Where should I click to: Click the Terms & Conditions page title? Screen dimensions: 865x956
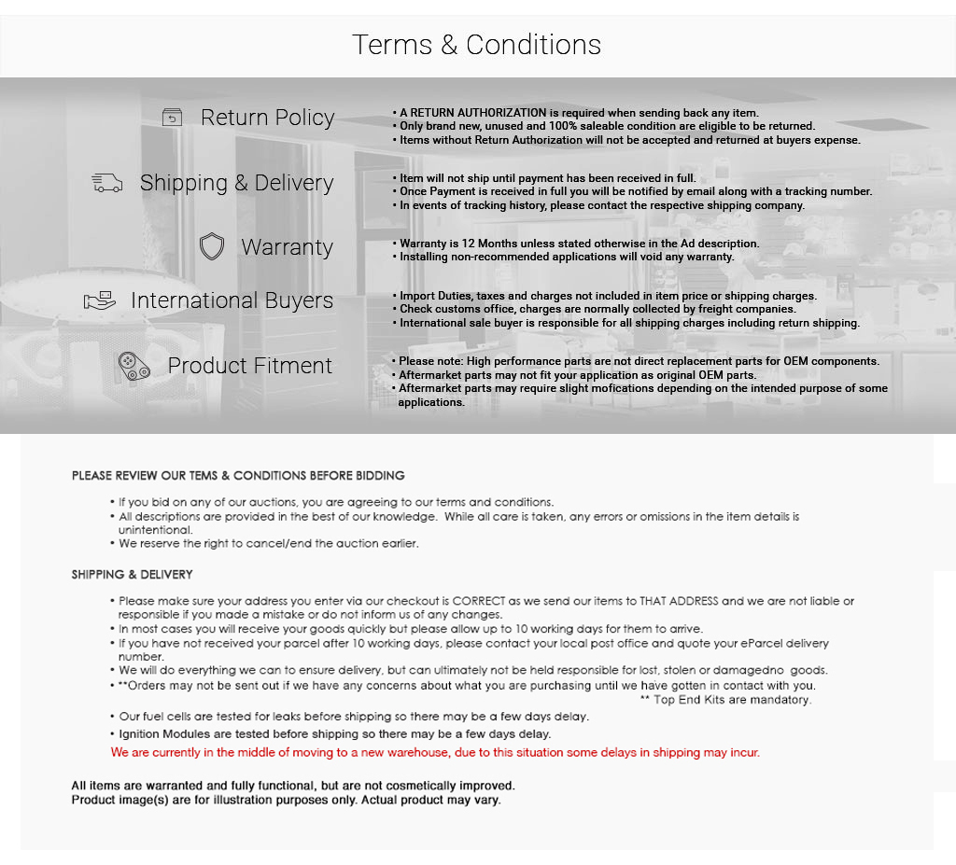click(x=476, y=45)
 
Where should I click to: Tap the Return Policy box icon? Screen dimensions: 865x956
click(x=172, y=118)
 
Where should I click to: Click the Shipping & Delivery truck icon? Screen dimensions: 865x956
click(x=107, y=183)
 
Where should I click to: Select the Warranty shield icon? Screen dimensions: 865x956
click(x=212, y=247)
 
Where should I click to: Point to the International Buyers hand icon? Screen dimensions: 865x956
click(x=100, y=300)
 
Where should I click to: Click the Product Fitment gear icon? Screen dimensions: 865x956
click(x=134, y=366)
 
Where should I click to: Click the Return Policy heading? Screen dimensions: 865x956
click(x=267, y=118)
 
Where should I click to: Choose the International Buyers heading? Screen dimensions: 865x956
click(x=232, y=300)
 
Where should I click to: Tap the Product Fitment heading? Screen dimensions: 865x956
click(x=249, y=366)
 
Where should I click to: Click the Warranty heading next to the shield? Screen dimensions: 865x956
click(x=287, y=247)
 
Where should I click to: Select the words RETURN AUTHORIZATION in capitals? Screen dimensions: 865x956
click(x=472, y=113)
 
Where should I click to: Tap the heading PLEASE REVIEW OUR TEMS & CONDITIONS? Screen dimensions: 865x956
click(x=238, y=476)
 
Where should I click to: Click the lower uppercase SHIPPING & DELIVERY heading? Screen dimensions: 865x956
click(x=132, y=575)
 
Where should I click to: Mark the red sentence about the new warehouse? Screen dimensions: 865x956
click(x=435, y=752)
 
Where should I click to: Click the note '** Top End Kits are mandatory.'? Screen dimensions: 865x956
click(x=725, y=700)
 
